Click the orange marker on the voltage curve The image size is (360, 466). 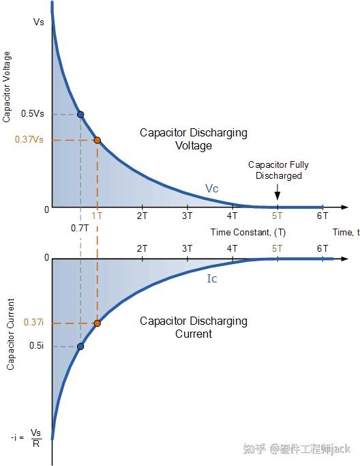pos(97,141)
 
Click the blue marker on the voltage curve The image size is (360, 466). pos(80,114)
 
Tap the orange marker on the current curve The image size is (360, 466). pos(97,323)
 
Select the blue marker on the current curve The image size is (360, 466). pos(80,347)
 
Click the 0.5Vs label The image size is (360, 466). pos(32,113)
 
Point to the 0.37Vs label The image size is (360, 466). pos(29,139)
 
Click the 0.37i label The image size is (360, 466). pos(33,322)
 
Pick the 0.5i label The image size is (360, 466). pos(37,346)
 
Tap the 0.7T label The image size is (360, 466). pos(80,229)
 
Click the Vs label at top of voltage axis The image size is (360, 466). pos(39,22)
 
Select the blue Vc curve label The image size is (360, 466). pos(212,188)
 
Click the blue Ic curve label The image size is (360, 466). pos(212,278)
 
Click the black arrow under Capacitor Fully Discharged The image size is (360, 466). pos(277,192)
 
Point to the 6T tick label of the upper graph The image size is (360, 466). pos(322,216)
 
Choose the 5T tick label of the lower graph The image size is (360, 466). pos(277,248)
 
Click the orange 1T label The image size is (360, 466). pos(97,216)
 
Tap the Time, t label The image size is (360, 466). pos(346,232)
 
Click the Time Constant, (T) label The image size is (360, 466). pos(248,232)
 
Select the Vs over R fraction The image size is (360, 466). pos(36,438)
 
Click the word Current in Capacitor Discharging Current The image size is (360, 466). pos(194,334)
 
